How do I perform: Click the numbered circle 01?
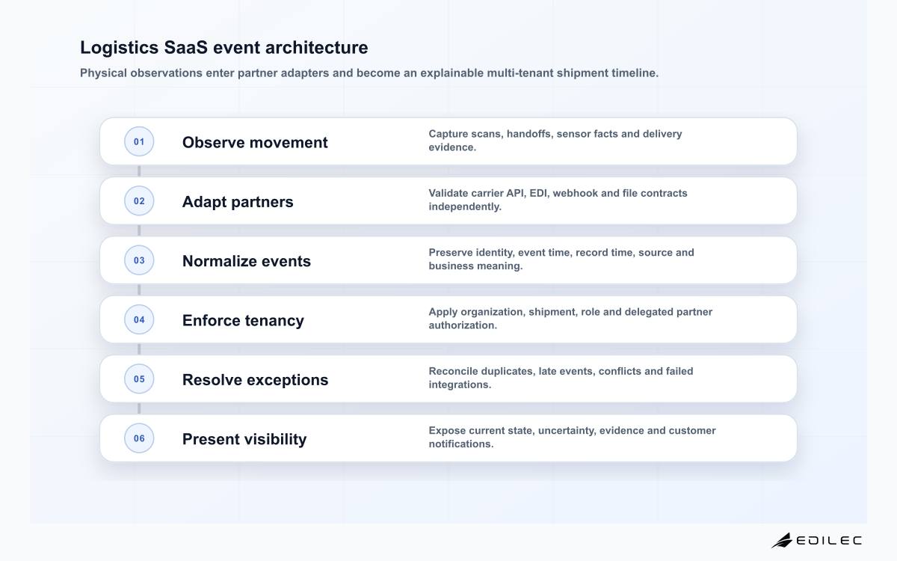(139, 141)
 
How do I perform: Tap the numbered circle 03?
(139, 260)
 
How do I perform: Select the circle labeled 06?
(139, 438)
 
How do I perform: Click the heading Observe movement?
(255, 142)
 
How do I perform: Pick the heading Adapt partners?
(238, 202)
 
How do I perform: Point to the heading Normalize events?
(246, 261)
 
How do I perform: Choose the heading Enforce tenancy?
(243, 321)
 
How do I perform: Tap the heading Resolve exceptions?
(255, 380)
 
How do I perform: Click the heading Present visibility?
(244, 439)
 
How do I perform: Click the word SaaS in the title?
(186, 47)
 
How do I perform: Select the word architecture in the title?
(316, 47)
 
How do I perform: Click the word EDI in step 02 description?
(538, 193)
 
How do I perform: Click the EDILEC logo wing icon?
(782, 540)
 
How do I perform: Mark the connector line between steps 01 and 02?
(139, 171)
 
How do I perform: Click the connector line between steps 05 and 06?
(139, 408)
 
